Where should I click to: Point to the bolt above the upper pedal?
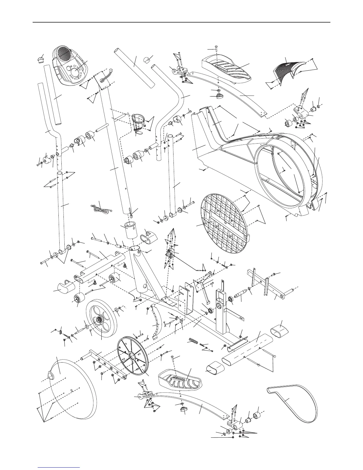[x=216, y=48]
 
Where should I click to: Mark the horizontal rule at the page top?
[x=181, y=22]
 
